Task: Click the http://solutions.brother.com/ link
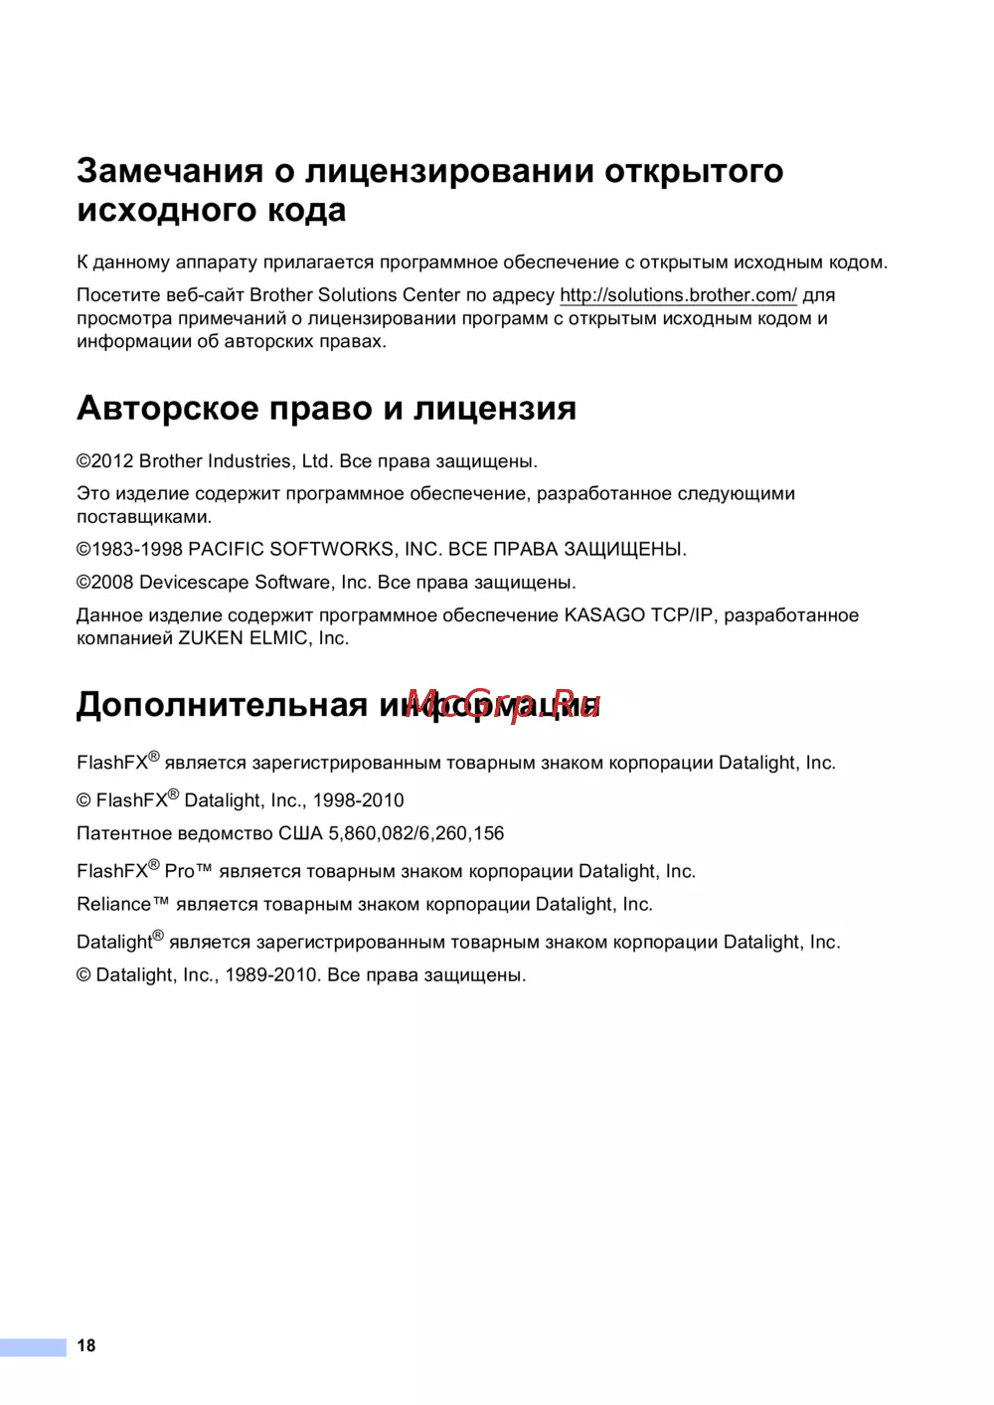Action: pos(678,295)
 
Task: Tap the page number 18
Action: pos(86,1345)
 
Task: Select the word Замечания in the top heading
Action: pos(170,171)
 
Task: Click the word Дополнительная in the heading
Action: pos(222,705)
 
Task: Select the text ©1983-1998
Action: pos(129,549)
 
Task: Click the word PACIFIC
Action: pos(226,549)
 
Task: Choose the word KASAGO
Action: pos(604,615)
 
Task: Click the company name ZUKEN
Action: pos(210,638)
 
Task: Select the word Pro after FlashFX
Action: pos(179,872)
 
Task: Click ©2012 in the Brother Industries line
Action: pos(104,461)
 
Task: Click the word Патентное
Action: pos(123,833)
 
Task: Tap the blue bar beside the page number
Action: pos(33,1347)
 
